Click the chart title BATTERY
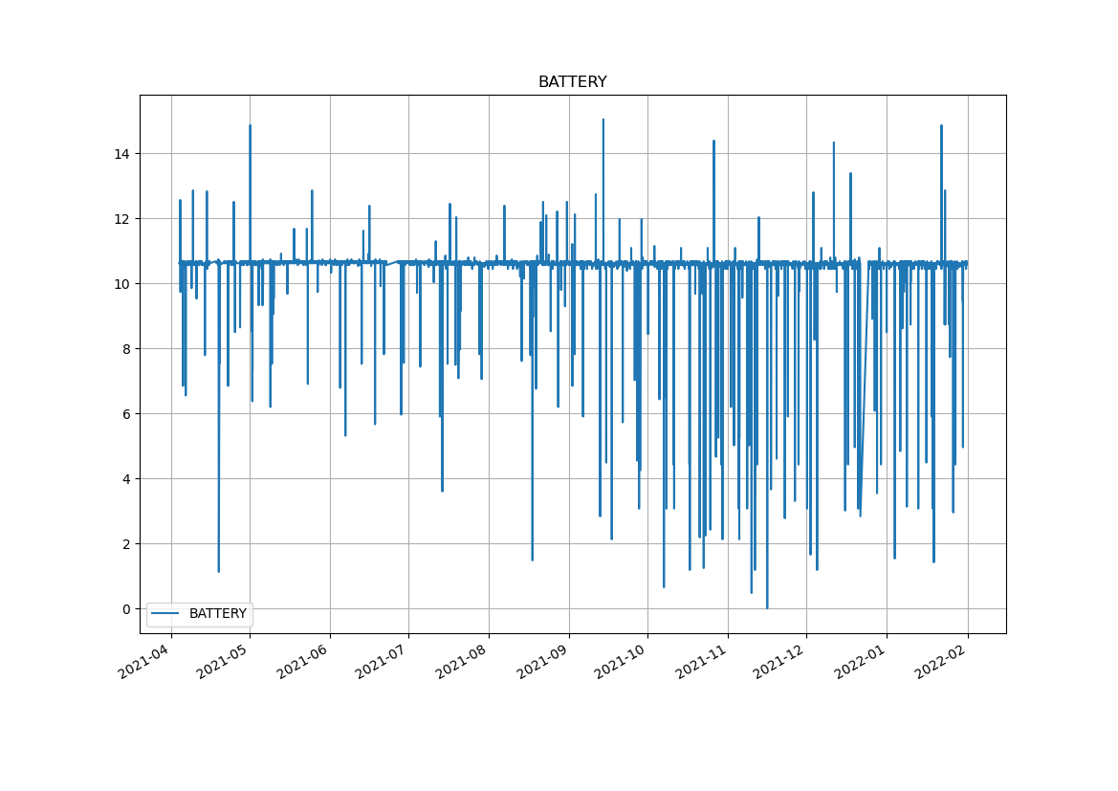point(572,82)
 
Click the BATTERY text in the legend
point(217,614)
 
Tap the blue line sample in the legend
point(167,614)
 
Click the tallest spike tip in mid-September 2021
point(603,121)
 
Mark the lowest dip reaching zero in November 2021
point(766,607)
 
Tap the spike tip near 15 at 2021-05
point(250,126)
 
